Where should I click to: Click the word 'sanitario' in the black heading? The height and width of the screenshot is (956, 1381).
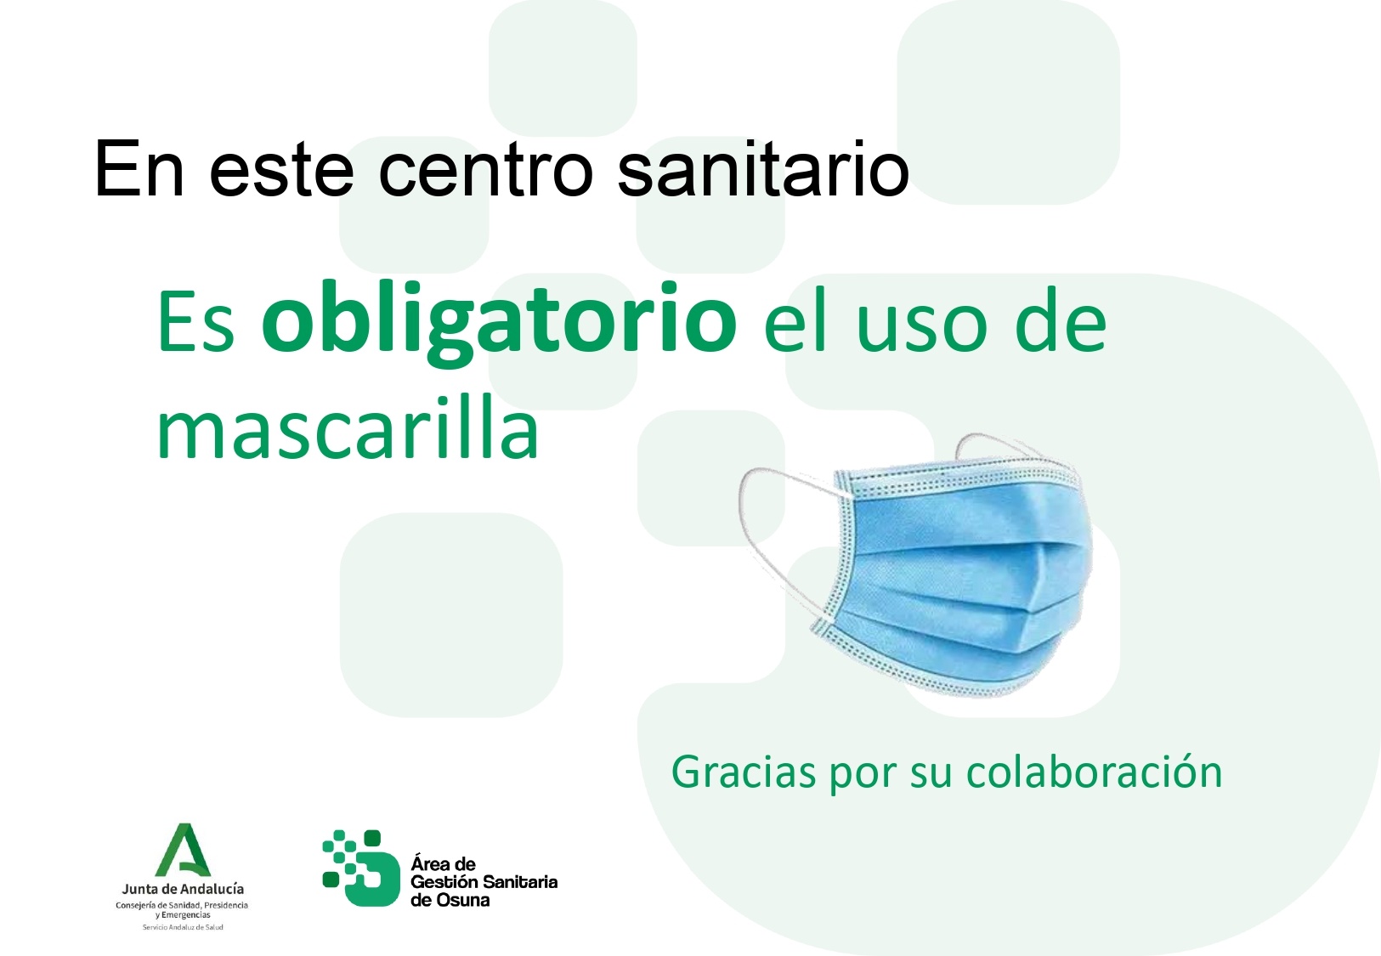click(x=762, y=167)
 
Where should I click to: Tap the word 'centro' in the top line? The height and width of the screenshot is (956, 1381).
click(x=485, y=171)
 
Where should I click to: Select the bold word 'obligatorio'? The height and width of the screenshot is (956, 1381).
click(x=500, y=323)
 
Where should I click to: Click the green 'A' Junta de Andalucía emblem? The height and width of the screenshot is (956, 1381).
click(x=183, y=850)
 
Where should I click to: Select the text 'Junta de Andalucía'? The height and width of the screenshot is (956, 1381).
click(x=183, y=889)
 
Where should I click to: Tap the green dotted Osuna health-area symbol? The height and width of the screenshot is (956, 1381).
click(x=360, y=868)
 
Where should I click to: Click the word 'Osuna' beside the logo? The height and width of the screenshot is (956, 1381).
click(x=459, y=900)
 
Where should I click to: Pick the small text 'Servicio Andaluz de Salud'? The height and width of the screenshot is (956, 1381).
click(x=183, y=927)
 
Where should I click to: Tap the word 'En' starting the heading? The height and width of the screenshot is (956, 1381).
click(x=139, y=168)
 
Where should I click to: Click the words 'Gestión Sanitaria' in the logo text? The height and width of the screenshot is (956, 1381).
click(x=484, y=882)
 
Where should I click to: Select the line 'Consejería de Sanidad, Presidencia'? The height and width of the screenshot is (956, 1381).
click(x=182, y=906)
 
